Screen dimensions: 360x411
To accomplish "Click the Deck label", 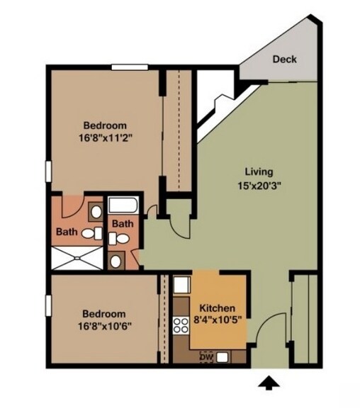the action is [284, 60].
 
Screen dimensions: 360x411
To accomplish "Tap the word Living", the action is [259, 172].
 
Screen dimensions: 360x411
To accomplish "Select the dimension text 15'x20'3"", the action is [259, 186].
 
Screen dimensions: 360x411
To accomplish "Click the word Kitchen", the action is [217, 308].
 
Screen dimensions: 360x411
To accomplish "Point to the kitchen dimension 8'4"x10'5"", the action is [218, 320].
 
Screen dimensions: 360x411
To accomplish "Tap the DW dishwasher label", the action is [207, 356].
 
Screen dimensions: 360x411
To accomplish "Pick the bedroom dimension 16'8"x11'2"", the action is [105, 137].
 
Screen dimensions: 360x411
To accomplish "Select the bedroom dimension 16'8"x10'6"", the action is [105, 327].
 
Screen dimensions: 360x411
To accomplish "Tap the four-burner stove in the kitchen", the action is [181, 325].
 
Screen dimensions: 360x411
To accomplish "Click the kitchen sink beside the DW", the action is [222, 356].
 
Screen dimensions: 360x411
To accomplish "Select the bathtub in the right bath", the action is [123, 206].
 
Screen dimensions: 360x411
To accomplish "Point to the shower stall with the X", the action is [77, 258].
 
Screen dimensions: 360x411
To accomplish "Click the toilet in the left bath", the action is [91, 233].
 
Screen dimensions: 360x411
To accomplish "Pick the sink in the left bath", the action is [96, 212].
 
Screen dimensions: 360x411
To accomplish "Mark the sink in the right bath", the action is [116, 261].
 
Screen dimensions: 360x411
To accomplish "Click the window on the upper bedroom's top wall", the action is [130, 67].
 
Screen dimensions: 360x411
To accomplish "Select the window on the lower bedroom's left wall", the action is [48, 305].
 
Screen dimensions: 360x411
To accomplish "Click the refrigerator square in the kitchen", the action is [181, 285].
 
